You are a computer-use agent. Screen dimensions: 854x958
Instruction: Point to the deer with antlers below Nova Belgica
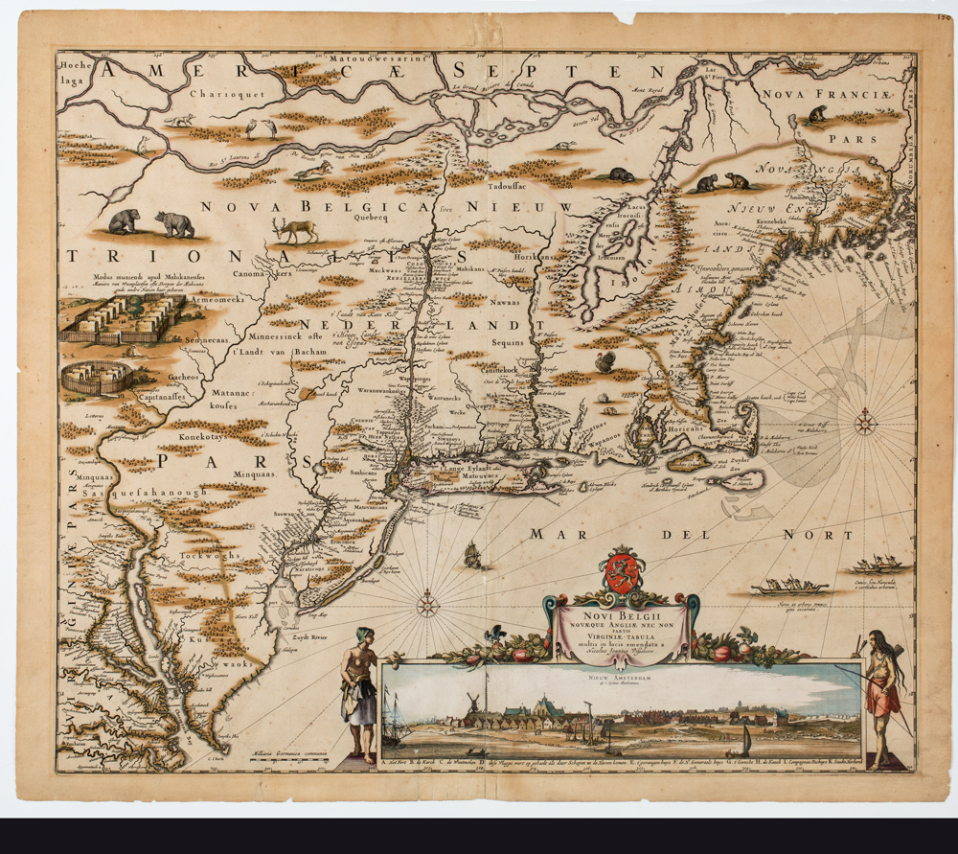pyautogui.click(x=296, y=230)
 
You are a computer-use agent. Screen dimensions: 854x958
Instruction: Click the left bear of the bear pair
pyautogui.click(x=124, y=221)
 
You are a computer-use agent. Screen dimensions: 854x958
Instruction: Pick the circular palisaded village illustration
pyautogui.click(x=96, y=377)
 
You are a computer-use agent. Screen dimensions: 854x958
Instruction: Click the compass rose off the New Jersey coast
pyautogui.click(x=427, y=604)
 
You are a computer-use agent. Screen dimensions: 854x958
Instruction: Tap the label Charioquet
pyautogui.click(x=220, y=95)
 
